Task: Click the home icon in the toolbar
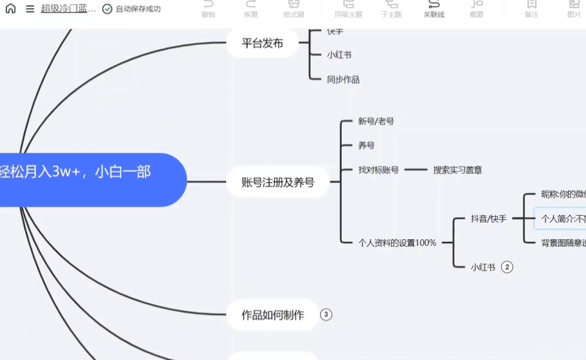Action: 10,9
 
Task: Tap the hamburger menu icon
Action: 30,9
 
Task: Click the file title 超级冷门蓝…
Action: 69,9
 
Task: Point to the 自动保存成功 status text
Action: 138,9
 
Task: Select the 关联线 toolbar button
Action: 434,9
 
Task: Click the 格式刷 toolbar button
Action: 294,9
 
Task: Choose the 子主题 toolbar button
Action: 391,9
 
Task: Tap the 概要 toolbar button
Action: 476,9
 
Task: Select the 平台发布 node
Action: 262,43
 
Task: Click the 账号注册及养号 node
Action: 278,182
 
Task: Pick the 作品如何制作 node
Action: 273,315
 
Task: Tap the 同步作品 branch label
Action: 343,80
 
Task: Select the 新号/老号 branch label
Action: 376,121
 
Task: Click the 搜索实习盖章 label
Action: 457,170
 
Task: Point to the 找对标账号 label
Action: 378,170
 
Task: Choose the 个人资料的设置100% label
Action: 396,243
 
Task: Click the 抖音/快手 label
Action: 489,219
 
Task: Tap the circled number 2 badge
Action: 507,267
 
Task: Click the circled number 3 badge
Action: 326,315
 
